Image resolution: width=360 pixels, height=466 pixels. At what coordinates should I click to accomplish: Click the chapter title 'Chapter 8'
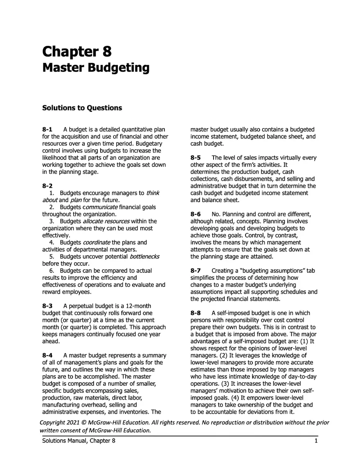[x=77, y=52]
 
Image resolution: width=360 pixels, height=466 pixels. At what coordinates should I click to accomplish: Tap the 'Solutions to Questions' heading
[x=82, y=108]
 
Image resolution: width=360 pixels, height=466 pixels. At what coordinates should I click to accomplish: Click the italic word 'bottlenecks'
[x=144, y=256]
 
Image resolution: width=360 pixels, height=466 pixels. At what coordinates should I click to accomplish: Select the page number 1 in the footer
[x=316, y=441]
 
